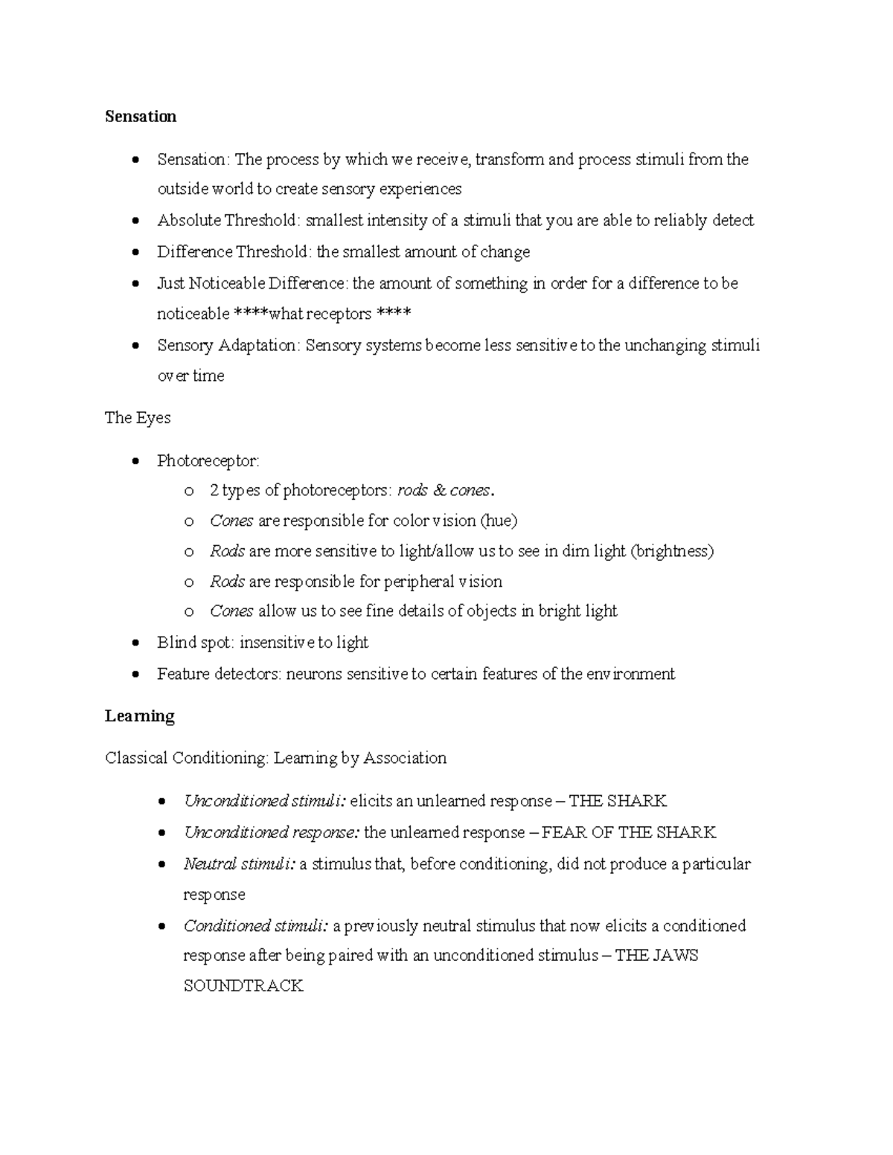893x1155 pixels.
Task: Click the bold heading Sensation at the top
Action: (x=141, y=116)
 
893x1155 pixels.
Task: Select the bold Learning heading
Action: (x=139, y=715)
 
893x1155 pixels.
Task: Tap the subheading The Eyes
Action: (x=138, y=417)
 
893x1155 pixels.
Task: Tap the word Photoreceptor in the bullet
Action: (x=207, y=461)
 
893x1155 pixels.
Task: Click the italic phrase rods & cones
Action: (x=444, y=490)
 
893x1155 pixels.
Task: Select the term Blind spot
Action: (x=194, y=642)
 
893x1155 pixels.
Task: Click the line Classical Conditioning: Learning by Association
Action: (x=275, y=758)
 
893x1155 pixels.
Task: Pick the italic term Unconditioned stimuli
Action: (x=263, y=801)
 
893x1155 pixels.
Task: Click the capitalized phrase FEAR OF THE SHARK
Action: (x=629, y=832)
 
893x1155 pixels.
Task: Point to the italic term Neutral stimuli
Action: (x=239, y=863)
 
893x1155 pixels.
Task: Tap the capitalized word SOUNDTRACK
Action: (x=243, y=986)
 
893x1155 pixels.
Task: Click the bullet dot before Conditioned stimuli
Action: (x=161, y=927)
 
